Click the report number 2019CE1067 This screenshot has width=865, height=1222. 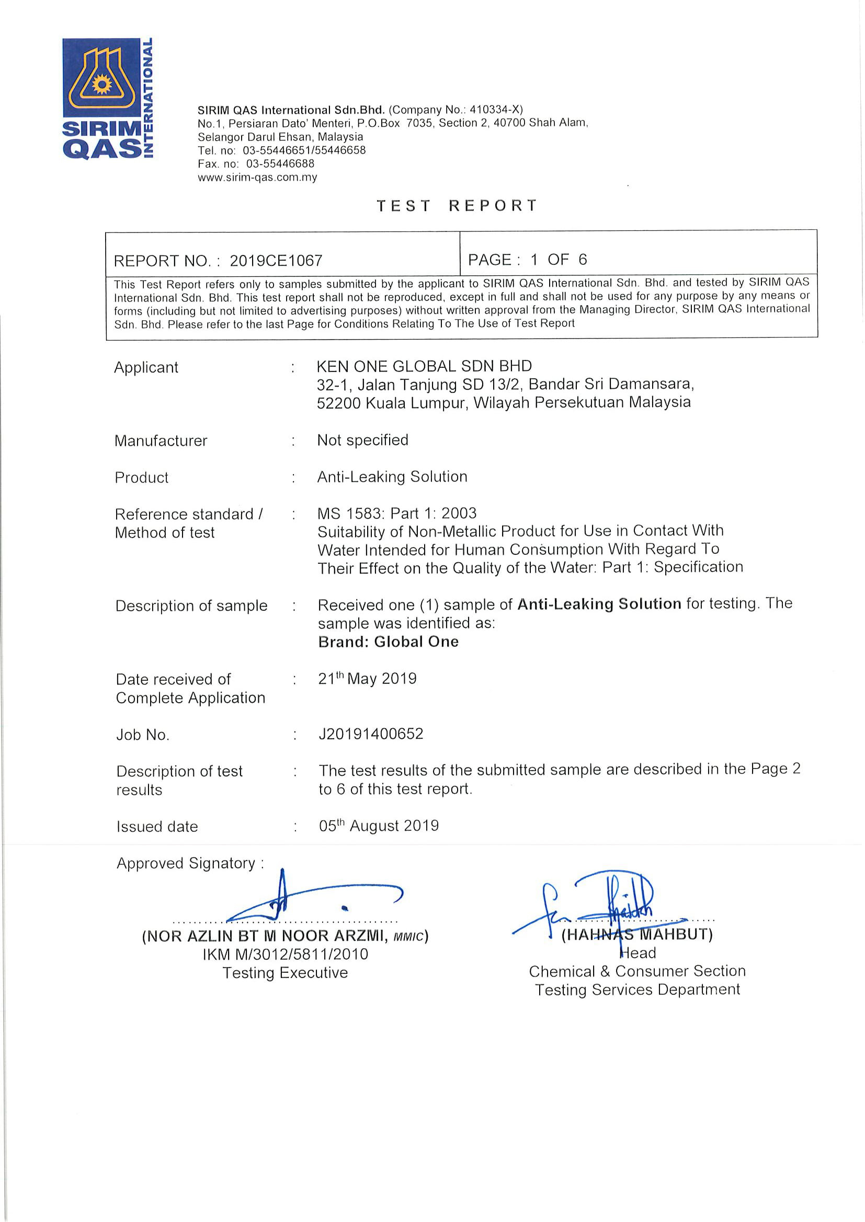276,261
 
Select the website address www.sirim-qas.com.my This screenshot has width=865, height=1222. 257,178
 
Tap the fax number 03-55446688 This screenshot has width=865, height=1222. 280,164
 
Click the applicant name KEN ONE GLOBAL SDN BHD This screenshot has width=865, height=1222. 424,366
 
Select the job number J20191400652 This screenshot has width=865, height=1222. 371,734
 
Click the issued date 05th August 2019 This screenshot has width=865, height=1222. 379,825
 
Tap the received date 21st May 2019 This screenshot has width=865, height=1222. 367,679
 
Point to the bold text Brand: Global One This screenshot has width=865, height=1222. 388,642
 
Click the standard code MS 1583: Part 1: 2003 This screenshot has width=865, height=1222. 397,513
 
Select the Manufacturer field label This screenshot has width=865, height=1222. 161,441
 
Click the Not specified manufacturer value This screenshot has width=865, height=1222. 363,440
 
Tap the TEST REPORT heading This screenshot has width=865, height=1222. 457,206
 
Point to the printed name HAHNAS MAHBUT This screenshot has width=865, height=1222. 637,934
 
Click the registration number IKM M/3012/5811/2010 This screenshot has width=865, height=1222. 285,954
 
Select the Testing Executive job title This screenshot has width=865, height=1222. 285,972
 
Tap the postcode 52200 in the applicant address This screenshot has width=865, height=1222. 339,403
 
